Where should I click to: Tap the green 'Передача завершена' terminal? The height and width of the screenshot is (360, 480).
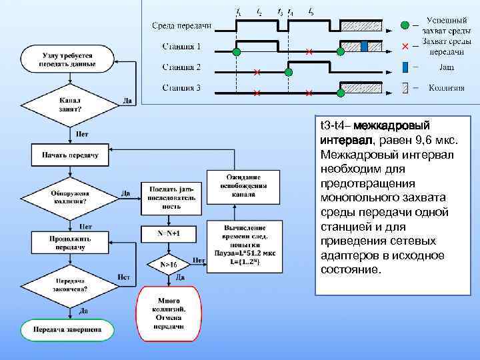tap(67, 329)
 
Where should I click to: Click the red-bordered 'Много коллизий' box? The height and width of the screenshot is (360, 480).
tap(168, 313)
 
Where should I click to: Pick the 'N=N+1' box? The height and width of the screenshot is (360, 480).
tap(168, 234)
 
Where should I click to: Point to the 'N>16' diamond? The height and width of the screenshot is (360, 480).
tap(168, 264)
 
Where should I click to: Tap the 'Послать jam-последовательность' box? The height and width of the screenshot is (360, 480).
tap(168, 197)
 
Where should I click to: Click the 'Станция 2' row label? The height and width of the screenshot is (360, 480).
tap(181, 67)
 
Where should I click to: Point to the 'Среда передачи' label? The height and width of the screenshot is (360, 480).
tap(181, 26)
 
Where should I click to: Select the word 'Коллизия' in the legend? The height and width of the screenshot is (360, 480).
tap(446, 87)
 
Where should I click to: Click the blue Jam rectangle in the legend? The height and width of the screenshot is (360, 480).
tap(405, 67)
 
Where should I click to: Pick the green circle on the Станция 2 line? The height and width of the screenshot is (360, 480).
tap(288, 71)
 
